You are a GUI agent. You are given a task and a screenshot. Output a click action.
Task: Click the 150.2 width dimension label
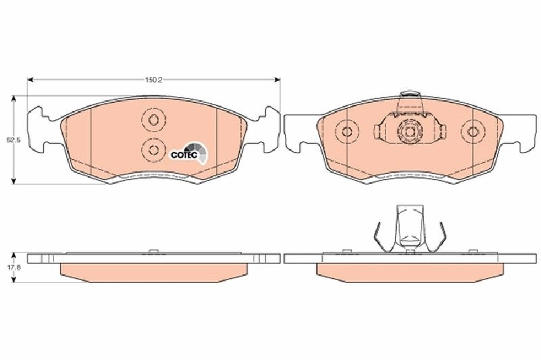(x=153, y=80)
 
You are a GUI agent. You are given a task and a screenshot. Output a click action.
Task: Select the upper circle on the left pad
(x=153, y=120)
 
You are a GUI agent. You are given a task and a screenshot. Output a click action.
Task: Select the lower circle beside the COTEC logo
(x=153, y=150)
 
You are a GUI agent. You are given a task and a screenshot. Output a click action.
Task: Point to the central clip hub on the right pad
(x=409, y=132)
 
